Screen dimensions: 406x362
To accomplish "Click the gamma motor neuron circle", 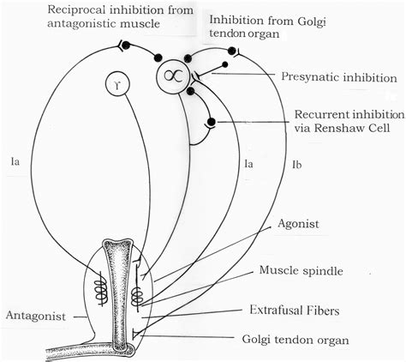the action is [x=117, y=83].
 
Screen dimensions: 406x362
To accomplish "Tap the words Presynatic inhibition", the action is [x=339, y=77].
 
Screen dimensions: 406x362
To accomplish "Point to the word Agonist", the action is [x=298, y=224].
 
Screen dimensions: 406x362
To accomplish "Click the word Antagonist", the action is [x=36, y=316].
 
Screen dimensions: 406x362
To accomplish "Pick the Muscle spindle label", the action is [x=302, y=270].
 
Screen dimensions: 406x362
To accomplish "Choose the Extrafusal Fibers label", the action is [x=295, y=311].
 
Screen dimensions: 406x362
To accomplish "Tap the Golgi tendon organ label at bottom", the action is [x=296, y=340].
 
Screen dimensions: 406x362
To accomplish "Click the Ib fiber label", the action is [x=297, y=165].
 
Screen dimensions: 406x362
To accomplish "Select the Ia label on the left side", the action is [x=15, y=162].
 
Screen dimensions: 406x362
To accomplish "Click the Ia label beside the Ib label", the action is [x=248, y=164].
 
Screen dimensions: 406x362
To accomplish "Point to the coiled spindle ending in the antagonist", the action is [x=101, y=289].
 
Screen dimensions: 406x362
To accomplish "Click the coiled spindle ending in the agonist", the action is [x=137, y=296].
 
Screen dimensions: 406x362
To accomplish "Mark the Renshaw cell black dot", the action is [x=212, y=122].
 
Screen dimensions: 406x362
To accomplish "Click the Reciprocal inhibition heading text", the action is [x=120, y=16].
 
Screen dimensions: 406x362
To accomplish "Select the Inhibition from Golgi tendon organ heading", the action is [x=267, y=27].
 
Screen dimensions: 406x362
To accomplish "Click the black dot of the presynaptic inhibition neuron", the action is [x=224, y=64].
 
